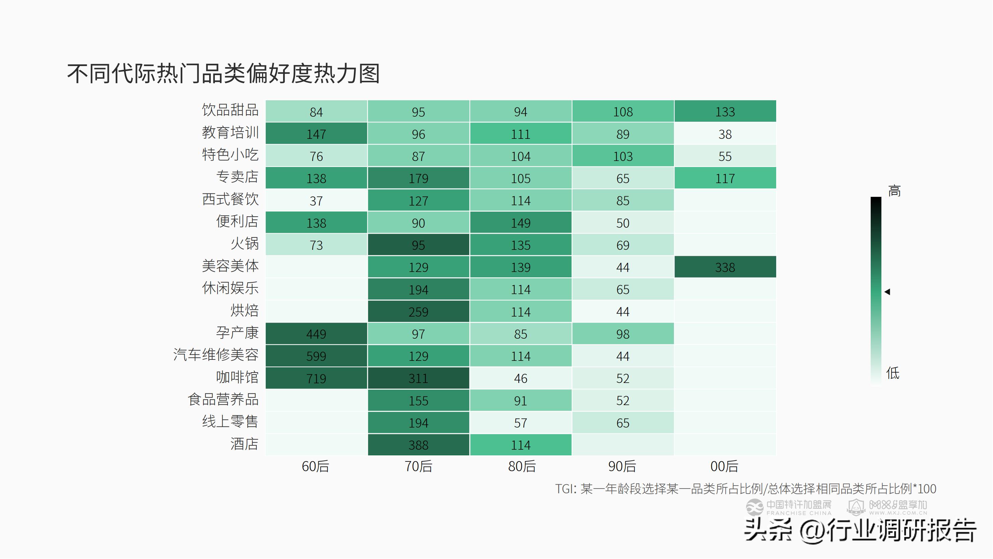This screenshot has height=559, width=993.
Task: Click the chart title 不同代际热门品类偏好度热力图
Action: click(x=224, y=73)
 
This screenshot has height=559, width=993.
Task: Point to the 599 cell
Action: click(x=316, y=356)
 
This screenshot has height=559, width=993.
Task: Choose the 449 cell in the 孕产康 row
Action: click(x=316, y=334)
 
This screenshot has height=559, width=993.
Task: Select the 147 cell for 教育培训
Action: click(x=316, y=134)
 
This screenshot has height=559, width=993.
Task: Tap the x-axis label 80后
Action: click(x=521, y=466)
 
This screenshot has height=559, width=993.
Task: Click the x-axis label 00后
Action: click(x=724, y=466)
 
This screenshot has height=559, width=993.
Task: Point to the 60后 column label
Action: click(x=315, y=466)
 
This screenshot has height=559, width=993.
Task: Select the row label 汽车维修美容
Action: click(x=216, y=355)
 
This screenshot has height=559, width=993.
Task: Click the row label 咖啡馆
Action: click(x=237, y=377)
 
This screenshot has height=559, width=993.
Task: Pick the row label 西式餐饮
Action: click(x=230, y=200)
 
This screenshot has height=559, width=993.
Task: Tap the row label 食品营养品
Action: click(x=223, y=399)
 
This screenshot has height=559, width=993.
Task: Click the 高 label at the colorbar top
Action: click(x=894, y=191)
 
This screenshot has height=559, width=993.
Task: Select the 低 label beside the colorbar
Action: click(x=893, y=373)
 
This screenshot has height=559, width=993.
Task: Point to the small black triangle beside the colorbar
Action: click(x=887, y=292)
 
